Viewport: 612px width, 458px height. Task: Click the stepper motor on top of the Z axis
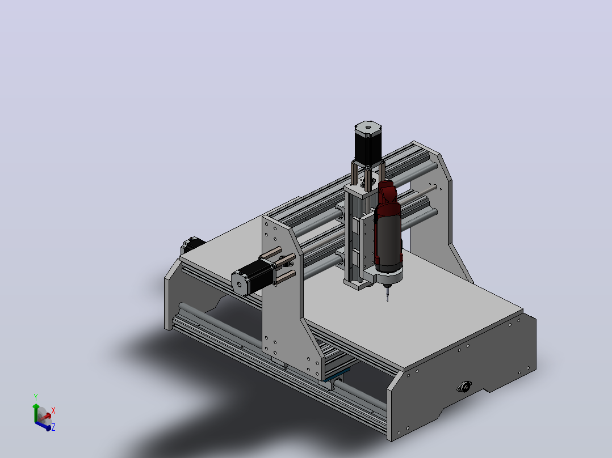(x=368, y=142)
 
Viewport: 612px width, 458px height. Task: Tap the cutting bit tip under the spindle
(x=387, y=299)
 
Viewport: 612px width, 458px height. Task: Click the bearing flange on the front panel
(x=464, y=387)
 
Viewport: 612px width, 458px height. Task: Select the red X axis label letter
(x=53, y=410)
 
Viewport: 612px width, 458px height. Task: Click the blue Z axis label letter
(x=53, y=427)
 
